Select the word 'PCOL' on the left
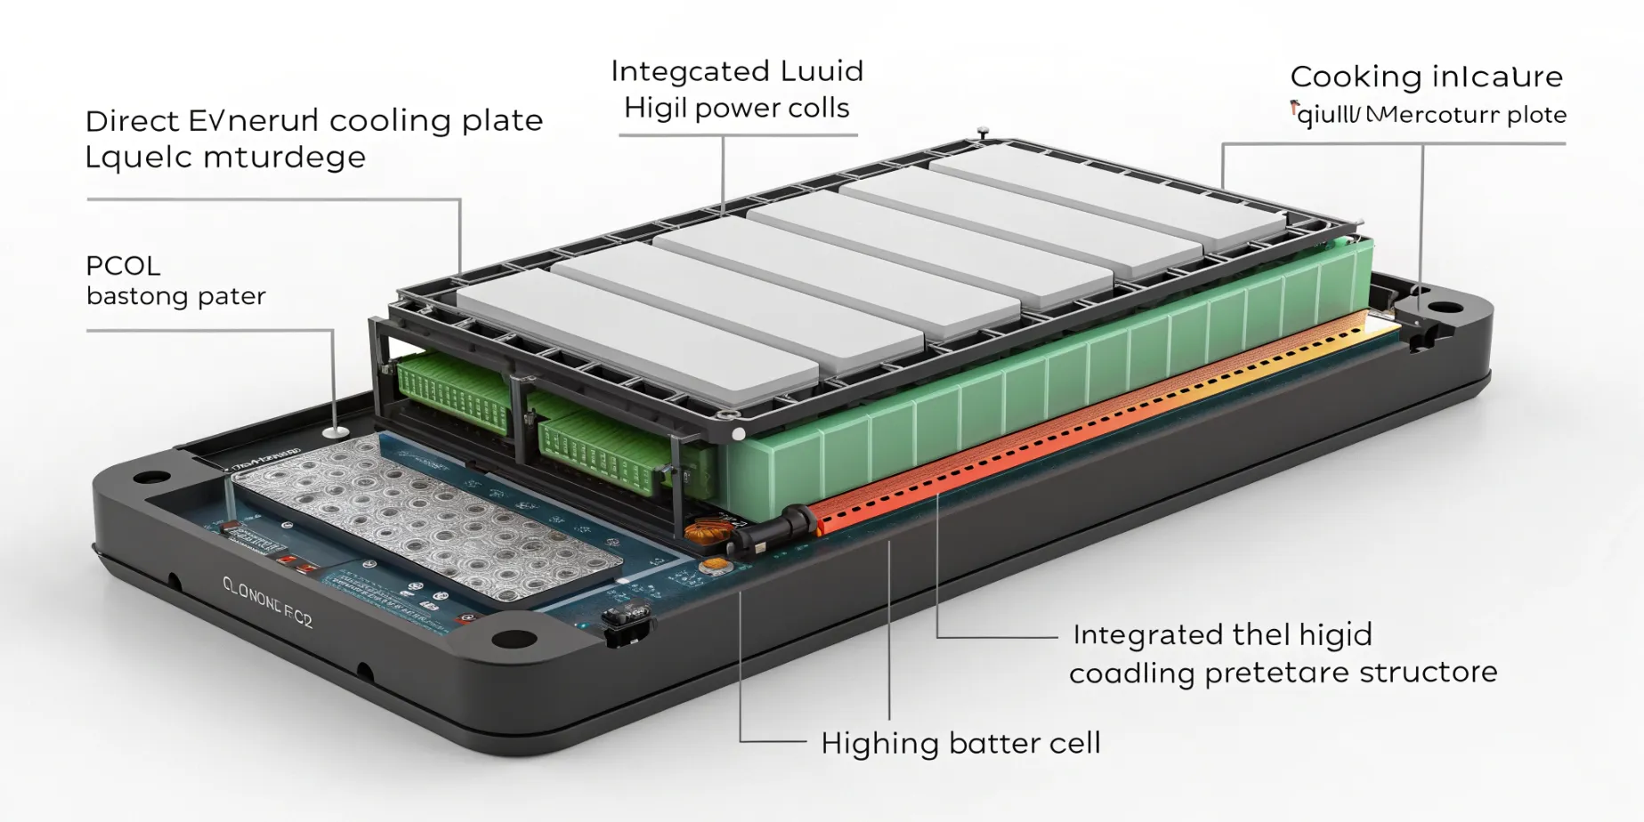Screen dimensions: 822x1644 point(123,266)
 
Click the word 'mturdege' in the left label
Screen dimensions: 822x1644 point(284,157)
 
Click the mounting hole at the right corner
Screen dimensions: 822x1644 point(1444,309)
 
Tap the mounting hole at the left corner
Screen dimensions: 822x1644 point(152,477)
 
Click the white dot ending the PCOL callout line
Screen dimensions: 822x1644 point(335,432)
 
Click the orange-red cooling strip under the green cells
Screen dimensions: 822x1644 point(1068,427)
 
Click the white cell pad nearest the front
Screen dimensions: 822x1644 point(636,334)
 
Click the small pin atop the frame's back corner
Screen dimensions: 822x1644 point(983,133)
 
